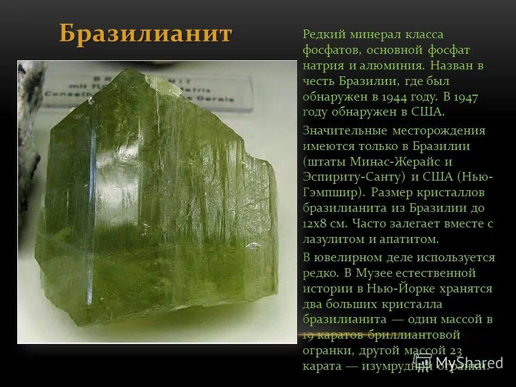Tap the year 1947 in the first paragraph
(465, 97)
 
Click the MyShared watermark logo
(457, 362)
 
